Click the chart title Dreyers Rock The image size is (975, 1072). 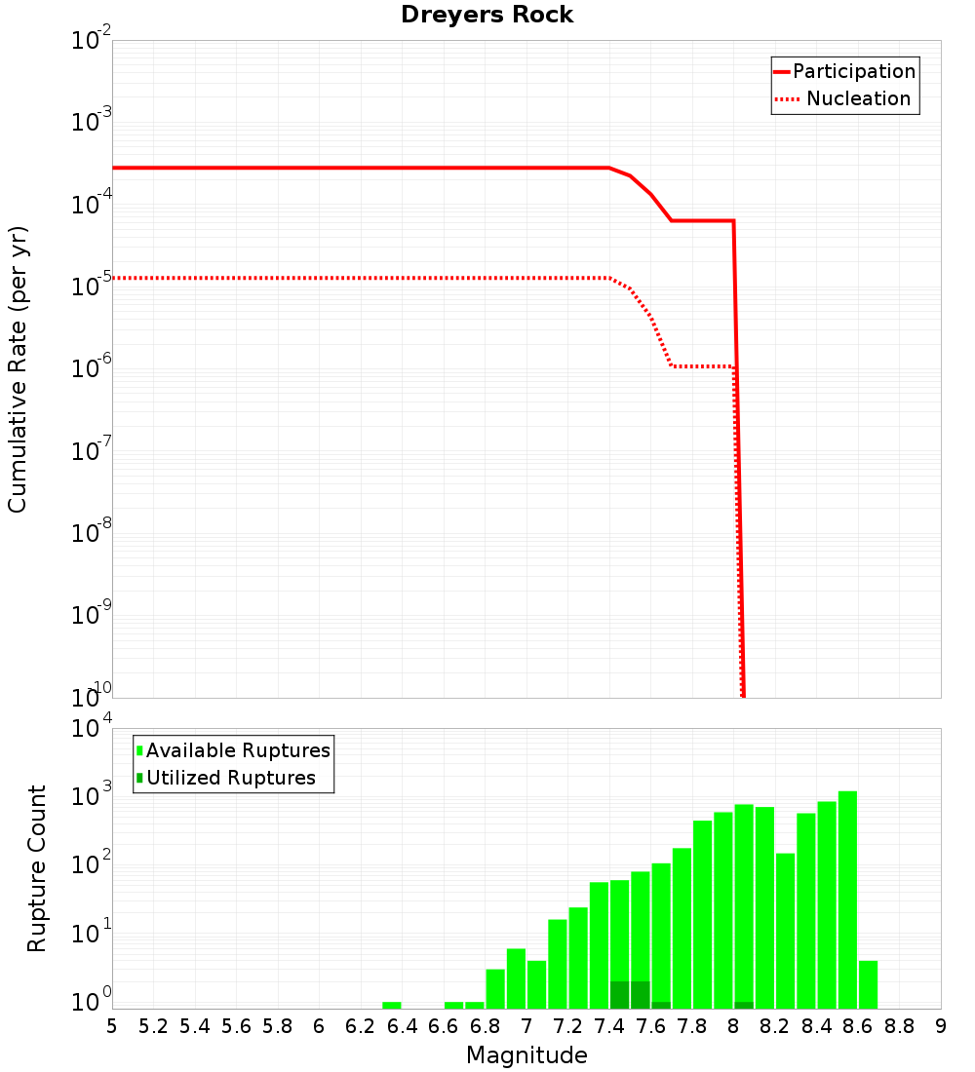click(x=487, y=16)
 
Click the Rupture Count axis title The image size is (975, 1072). click(x=37, y=867)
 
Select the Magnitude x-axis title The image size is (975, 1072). click(x=526, y=1055)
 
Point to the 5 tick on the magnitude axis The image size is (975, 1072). click(x=112, y=1026)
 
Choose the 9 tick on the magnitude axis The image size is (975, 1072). click(x=941, y=1026)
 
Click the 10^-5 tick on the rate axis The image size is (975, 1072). click(x=93, y=287)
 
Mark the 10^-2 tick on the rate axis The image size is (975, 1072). click(x=93, y=41)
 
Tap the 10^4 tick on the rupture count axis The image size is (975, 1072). click(x=93, y=729)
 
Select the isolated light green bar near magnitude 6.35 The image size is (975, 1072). click(x=392, y=1005)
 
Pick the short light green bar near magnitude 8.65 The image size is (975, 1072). click(x=868, y=984)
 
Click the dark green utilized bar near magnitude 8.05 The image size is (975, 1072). click(x=744, y=1005)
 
